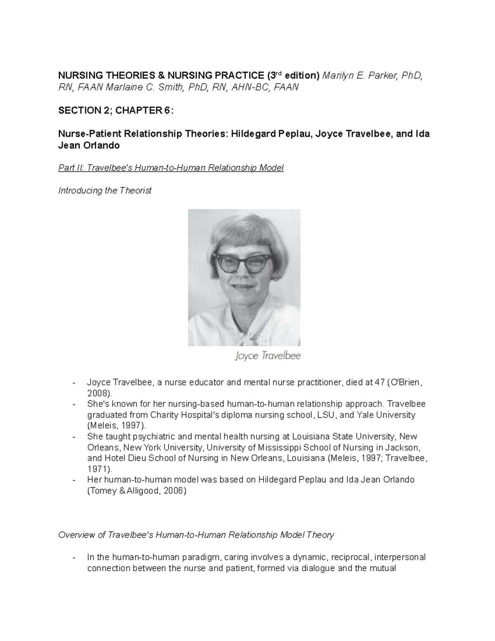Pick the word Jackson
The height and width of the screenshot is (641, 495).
click(406, 447)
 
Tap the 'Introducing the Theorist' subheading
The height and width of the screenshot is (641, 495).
click(105, 190)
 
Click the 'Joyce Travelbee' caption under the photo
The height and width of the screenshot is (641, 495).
click(267, 355)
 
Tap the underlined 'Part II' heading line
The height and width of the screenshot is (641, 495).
click(171, 168)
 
